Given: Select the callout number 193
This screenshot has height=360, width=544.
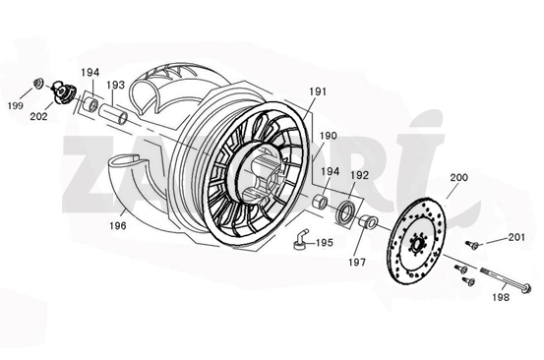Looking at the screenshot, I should pos(115,86).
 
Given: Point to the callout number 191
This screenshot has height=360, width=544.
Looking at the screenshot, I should pos(317,91).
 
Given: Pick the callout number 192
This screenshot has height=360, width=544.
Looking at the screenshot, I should pos(360,175).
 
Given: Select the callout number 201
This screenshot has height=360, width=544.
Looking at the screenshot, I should pos(518,237).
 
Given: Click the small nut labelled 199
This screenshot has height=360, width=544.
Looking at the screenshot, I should pos(36,83).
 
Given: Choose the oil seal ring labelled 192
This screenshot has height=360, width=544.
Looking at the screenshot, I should pos(347,210).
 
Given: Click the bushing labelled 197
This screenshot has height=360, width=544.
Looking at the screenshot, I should pos(368,222).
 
